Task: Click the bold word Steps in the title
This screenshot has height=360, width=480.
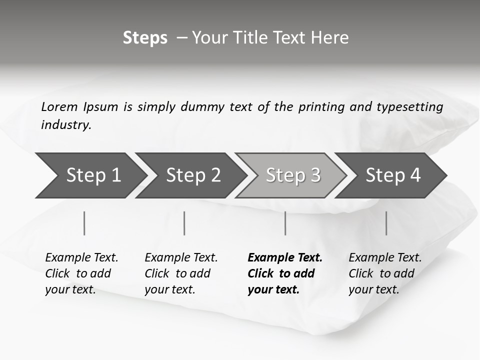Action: point(145,38)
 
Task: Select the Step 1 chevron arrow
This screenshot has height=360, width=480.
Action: point(90,175)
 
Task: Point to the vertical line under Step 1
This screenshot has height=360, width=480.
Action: point(84,223)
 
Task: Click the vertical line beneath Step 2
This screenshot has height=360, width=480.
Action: point(184,223)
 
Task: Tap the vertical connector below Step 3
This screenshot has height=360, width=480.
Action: point(285,223)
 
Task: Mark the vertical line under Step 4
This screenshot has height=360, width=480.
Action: point(386,223)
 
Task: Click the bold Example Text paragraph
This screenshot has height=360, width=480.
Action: point(284,273)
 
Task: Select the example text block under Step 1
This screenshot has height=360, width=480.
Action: point(81,273)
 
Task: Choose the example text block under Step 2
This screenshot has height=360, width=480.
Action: point(181,273)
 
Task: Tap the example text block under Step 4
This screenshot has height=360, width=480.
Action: point(385,273)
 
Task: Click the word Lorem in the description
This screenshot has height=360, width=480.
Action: point(59,107)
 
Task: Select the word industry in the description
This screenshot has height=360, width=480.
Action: point(66,125)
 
